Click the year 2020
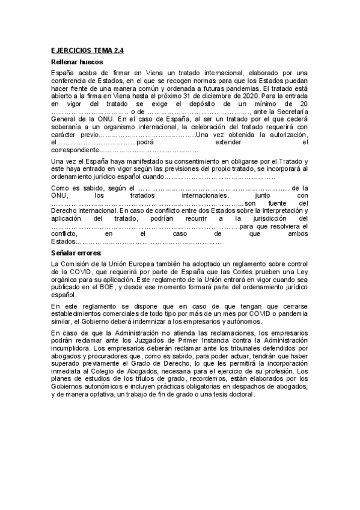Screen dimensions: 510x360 click(252, 95)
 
